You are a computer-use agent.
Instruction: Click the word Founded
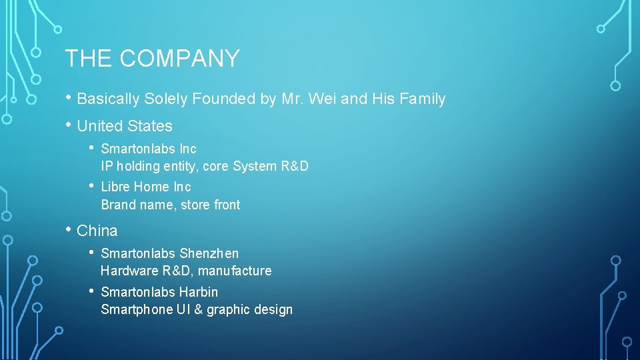pyautogui.click(x=223, y=99)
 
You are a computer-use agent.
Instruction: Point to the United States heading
pyautogui.click(x=125, y=126)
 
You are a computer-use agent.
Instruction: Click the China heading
pyautogui.click(x=97, y=231)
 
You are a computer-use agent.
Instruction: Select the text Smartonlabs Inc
pyautogui.click(x=149, y=149)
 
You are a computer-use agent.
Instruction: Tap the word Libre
pyautogui.click(x=115, y=187)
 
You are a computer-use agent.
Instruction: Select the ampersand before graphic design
pyautogui.click(x=198, y=309)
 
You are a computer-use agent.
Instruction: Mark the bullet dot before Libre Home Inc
pyautogui.click(x=92, y=185)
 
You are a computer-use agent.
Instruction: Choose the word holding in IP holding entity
pyautogui.click(x=137, y=166)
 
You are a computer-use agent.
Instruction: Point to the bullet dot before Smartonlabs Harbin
pyautogui.click(x=92, y=291)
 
